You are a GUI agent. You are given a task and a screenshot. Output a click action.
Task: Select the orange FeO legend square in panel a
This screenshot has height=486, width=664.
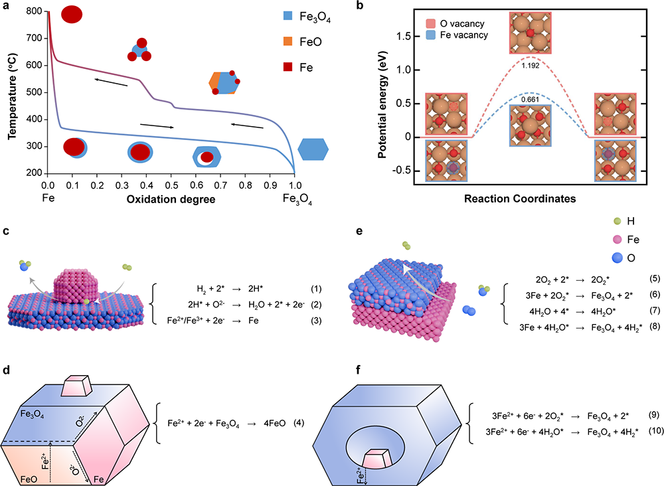pyautogui.click(x=288, y=41)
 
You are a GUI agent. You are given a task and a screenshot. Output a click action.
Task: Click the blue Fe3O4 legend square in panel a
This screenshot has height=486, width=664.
pyautogui.click(x=288, y=16)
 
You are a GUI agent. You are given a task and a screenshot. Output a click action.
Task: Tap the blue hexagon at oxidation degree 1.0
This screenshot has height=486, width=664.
pyautogui.click(x=313, y=149)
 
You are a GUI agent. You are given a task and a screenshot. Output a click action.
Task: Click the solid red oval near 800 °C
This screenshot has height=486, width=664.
pyautogui.click(x=72, y=15)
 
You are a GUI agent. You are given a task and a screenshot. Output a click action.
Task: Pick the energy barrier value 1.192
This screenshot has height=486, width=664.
pyautogui.click(x=530, y=66)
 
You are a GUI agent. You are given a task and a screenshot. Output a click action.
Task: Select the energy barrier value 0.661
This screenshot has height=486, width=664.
pyautogui.click(x=530, y=100)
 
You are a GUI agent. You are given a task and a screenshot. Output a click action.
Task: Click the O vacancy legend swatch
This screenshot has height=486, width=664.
pyautogui.click(x=431, y=23)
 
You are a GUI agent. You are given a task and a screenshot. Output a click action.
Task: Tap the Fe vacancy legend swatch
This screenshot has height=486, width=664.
pyautogui.click(x=431, y=35)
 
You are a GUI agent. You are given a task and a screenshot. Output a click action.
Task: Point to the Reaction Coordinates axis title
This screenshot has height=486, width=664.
pyautogui.click(x=520, y=199)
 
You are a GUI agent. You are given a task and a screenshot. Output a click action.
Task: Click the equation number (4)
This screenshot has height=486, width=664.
pyautogui.click(x=299, y=423)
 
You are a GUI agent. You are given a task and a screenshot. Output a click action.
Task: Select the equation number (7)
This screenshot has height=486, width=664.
pyautogui.click(x=655, y=310)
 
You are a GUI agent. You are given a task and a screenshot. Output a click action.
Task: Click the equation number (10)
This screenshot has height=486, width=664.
pyautogui.click(x=656, y=431)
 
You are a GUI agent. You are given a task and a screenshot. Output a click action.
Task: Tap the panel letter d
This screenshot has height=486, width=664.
pyautogui.click(x=6, y=370)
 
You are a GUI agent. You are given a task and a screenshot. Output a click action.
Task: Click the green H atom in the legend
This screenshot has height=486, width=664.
pyautogui.click(x=618, y=220)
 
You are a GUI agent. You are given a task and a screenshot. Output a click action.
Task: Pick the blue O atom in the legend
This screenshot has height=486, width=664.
pyautogui.click(x=618, y=258)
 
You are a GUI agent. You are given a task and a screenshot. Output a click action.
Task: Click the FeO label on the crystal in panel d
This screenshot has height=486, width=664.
pyautogui.click(x=29, y=479)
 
